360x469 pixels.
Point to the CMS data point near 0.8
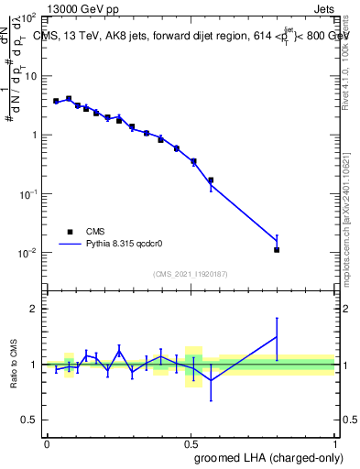pyautogui.click(x=277, y=249)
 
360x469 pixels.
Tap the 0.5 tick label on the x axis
pyautogui.click(x=191, y=442)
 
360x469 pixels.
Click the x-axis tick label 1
pyautogui.click(x=334, y=442)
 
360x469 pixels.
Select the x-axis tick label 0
pyautogui.click(x=47, y=442)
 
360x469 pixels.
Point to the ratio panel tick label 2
pyautogui.click(x=34, y=309)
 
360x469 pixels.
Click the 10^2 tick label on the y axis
pyautogui.click(x=29, y=18)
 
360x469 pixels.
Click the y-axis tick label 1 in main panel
pyautogui.click(x=35, y=136)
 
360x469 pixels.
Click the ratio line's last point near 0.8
pyautogui.click(x=277, y=336)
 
